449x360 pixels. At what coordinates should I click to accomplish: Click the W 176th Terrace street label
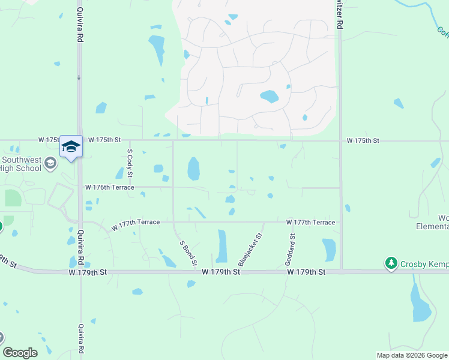click(x=109, y=187)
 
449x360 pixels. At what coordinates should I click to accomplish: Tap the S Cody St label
click(x=130, y=163)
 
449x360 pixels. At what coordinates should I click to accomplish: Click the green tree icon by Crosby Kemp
click(x=391, y=263)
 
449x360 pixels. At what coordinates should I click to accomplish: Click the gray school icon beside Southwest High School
click(x=50, y=163)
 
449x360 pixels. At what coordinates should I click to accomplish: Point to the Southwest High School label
click(x=22, y=164)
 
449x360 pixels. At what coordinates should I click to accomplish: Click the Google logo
click(x=20, y=352)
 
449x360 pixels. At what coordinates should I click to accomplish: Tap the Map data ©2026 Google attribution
click(x=412, y=355)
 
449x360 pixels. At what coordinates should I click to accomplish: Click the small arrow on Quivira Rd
click(x=79, y=77)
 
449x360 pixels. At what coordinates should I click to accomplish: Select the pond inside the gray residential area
click(x=268, y=96)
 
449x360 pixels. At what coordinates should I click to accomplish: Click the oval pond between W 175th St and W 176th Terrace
click(x=193, y=169)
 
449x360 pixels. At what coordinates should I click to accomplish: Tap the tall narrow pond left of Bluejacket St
click(x=222, y=246)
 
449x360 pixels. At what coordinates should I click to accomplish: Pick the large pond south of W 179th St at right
click(x=420, y=303)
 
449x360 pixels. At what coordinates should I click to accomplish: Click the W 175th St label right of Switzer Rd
click(x=363, y=140)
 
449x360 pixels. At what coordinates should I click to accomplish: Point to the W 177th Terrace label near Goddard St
click(x=310, y=222)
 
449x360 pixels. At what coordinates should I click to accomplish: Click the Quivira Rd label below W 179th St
click(x=81, y=339)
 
